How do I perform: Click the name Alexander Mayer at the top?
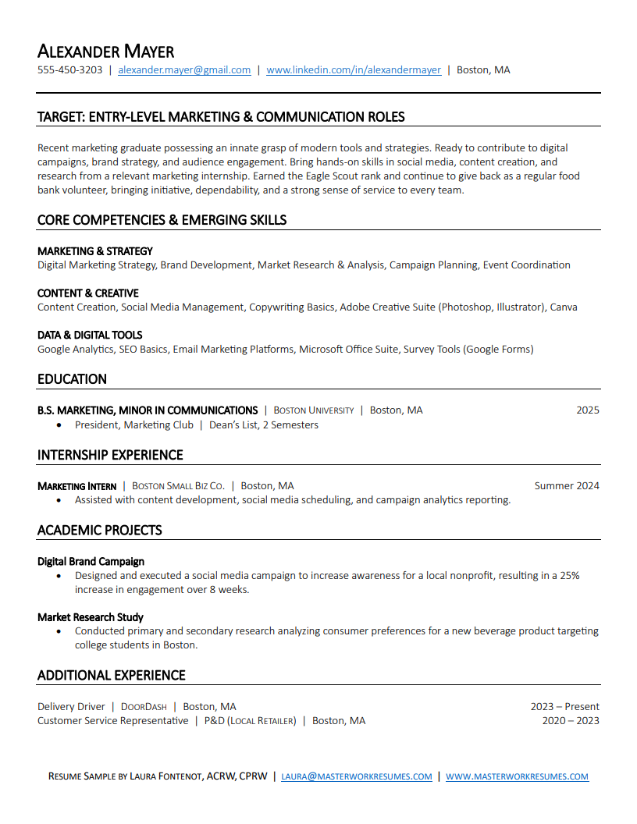pos(105,51)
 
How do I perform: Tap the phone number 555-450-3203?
pos(70,70)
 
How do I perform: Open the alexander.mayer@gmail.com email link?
pos(184,70)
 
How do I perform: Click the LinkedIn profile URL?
pos(354,70)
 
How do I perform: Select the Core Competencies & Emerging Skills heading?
pos(162,220)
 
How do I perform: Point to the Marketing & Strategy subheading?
pos(95,251)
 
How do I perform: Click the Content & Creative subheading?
pos(88,293)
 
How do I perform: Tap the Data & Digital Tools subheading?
pos(90,336)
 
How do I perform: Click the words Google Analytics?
pos(75,350)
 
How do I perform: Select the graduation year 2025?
pos(588,410)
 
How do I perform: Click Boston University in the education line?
pos(314,410)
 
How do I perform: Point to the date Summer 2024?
pos(567,486)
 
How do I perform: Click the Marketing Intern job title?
pos(77,486)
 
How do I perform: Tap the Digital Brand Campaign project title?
pos(91,561)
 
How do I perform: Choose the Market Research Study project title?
pos(91,617)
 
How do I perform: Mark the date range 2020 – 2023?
pos(571,721)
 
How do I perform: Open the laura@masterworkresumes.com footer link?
pos(356,777)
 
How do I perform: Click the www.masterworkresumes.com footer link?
pos(517,777)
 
